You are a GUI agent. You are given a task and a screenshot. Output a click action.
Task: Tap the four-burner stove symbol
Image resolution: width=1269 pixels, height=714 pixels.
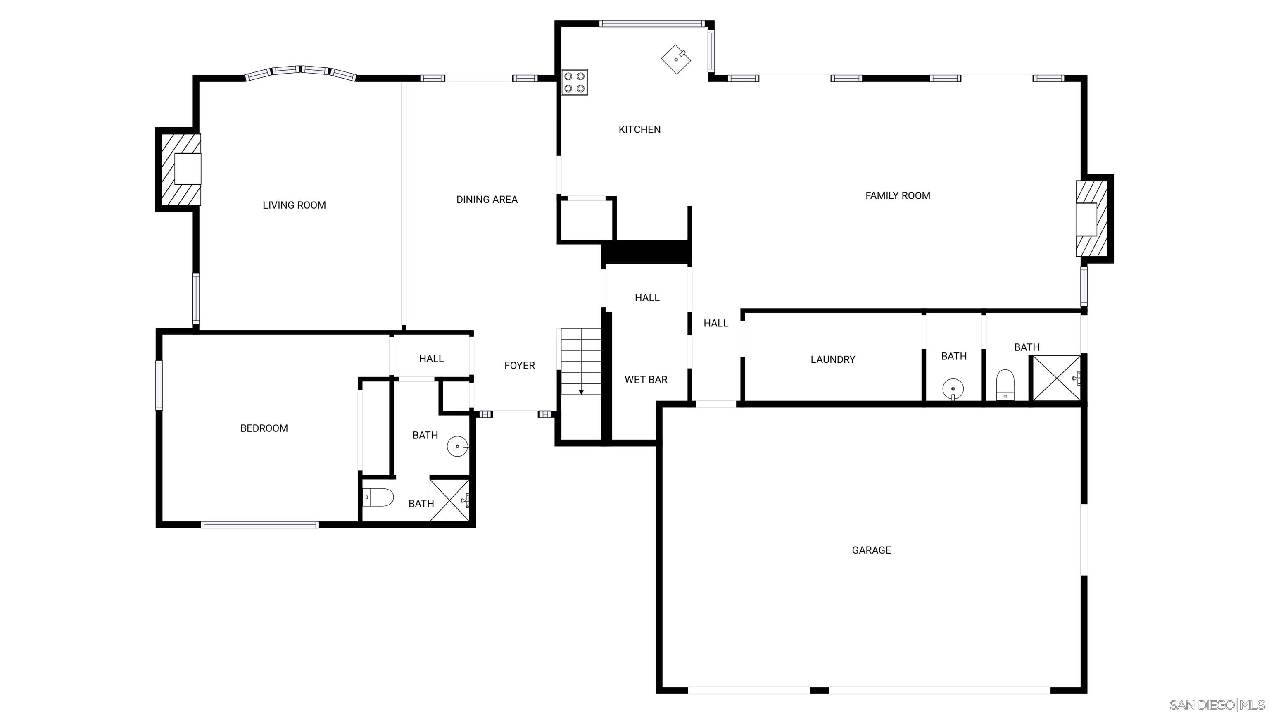tap(575, 83)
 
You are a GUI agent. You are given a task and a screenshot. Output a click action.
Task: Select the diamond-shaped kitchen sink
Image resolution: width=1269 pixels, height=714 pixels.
tap(676, 59)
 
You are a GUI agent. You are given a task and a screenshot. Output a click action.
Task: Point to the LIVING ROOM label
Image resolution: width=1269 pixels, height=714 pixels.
tap(294, 205)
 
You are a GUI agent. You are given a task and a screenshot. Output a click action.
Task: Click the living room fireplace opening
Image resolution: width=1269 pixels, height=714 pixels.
tap(188, 169)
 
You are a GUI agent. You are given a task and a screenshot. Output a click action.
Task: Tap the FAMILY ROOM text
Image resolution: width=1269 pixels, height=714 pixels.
tap(898, 195)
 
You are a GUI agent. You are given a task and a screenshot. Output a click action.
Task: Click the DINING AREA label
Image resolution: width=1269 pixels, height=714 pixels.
tap(487, 200)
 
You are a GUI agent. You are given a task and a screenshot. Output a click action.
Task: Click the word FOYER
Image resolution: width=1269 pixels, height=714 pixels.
tap(519, 366)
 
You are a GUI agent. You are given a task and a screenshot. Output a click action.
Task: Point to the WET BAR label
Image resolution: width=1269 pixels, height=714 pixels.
tap(646, 380)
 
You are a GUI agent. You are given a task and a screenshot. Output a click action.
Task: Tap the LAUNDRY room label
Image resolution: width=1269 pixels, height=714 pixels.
tap(832, 360)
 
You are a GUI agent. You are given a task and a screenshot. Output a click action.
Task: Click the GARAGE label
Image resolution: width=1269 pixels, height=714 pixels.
tap(872, 550)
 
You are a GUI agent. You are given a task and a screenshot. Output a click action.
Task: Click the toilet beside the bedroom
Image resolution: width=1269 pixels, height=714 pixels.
tap(378, 497)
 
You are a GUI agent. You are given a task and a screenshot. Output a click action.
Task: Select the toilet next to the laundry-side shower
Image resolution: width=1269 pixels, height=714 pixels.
tap(1005, 385)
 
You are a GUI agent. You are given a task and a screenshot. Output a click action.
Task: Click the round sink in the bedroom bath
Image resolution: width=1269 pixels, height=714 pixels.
tap(458, 446)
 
